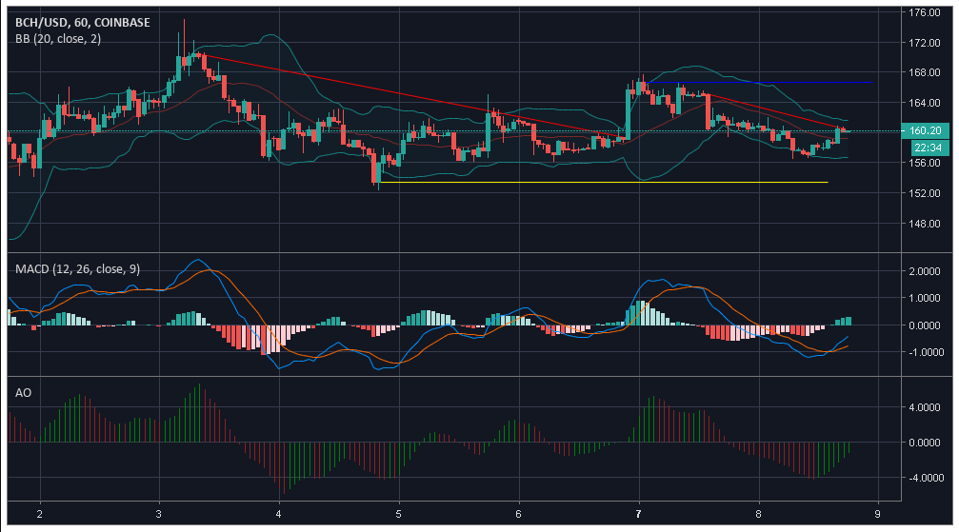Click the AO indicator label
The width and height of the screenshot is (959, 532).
tap(24, 391)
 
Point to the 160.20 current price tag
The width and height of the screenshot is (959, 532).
tap(925, 130)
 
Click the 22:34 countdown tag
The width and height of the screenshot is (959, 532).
tap(925, 148)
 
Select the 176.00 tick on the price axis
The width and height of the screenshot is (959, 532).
tap(924, 12)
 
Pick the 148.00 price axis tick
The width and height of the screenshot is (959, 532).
tap(924, 224)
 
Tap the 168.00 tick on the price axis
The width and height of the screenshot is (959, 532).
tap(924, 72)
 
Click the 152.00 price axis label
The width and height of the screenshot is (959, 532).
tap(924, 193)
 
